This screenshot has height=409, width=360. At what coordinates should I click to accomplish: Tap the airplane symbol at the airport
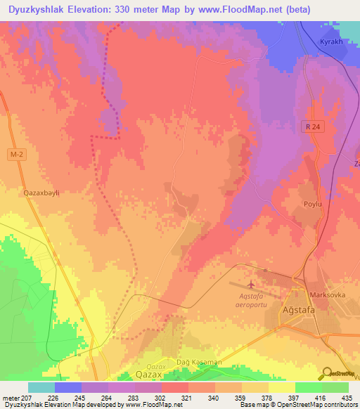251,285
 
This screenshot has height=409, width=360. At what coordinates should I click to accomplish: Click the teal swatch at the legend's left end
41,387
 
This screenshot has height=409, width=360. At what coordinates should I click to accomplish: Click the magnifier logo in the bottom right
326,373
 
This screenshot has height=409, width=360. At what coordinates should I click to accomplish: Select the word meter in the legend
10,397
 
